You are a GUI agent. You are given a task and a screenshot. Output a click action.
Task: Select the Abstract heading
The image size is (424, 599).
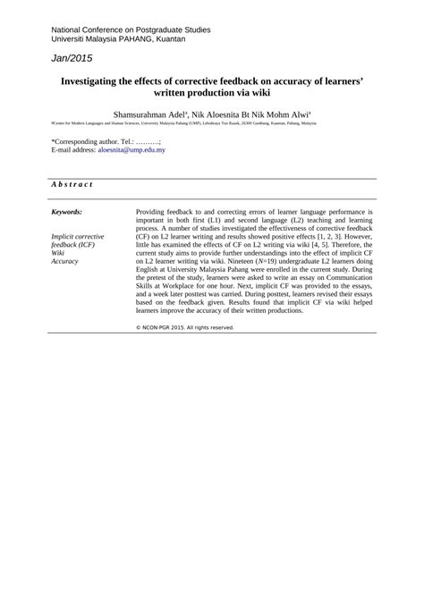72,184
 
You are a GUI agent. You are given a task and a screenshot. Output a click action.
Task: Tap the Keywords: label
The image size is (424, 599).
67,212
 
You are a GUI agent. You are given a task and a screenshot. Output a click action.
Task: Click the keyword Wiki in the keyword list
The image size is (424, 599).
58,253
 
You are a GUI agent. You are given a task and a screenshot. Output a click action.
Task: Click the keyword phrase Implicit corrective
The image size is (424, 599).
78,236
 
